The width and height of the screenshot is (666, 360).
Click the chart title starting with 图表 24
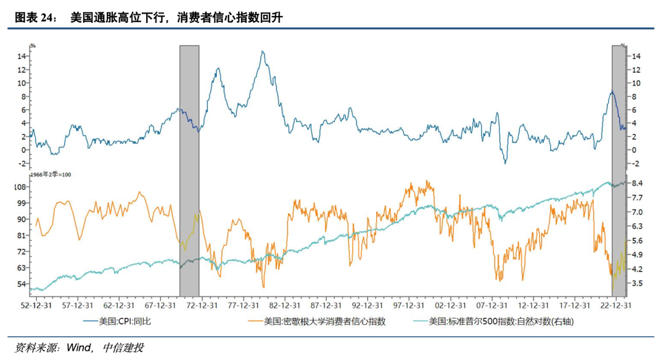pyautogui.click(x=148, y=18)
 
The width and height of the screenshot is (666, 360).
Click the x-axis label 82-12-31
pyautogui.click(x=283, y=305)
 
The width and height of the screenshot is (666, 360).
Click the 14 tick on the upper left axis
pyautogui.click(x=22, y=56)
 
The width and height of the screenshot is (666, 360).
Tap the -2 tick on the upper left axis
pyautogui.click(x=22, y=164)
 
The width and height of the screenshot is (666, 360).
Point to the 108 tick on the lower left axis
pyautogui.click(x=20, y=187)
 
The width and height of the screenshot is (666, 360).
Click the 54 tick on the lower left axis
pyautogui.click(x=22, y=284)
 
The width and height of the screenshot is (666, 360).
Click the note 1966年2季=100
pyautogui.click(x=51, y=175)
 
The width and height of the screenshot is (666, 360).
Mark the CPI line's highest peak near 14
pyautogui.click(x=263, y=52)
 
